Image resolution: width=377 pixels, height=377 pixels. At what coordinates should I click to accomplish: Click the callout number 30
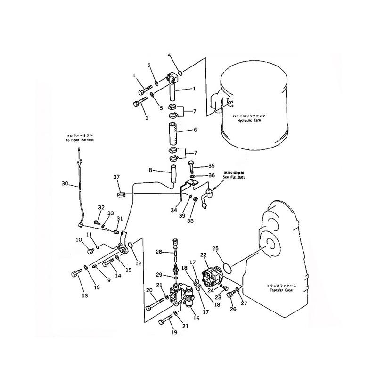[65, 183]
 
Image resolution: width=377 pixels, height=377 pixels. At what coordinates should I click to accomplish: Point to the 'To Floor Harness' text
[80, 140]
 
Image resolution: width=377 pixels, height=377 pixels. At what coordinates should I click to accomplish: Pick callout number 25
[215, 248]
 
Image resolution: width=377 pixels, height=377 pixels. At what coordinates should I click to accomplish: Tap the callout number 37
[116, 177]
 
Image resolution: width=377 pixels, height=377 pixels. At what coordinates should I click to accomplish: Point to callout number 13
[85, 296]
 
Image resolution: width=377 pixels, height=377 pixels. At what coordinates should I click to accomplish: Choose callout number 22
[204, 255]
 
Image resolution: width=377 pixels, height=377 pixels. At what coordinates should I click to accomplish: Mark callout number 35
[211, 165]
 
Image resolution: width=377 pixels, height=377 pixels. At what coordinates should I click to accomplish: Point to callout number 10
[78, 240]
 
